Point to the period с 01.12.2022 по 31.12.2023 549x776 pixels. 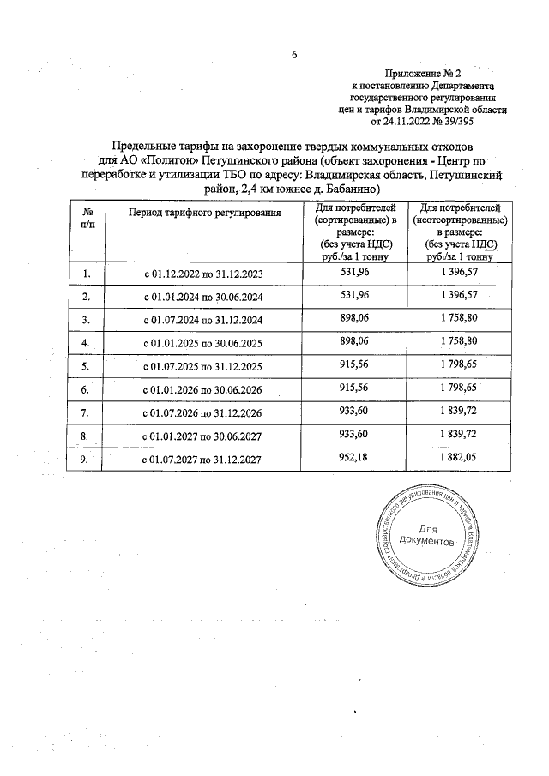coord(201,274)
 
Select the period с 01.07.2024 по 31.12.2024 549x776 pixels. coord(201,320)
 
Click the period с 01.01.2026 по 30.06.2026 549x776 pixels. coord(201,389)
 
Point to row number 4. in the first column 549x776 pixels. coord(86,343)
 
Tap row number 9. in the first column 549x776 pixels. coord(86,459)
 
